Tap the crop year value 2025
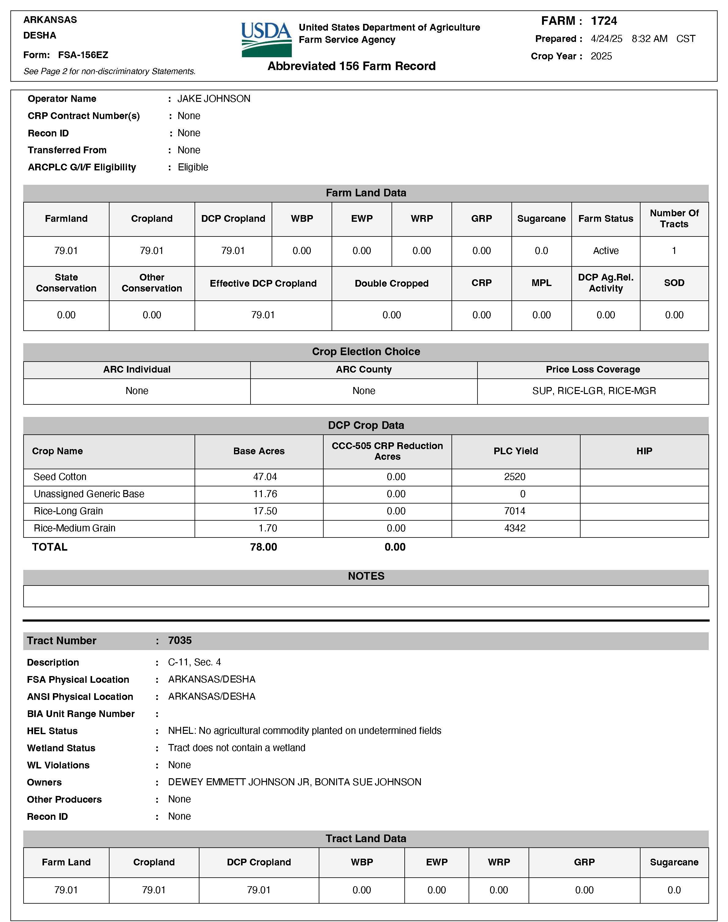(x=601, y=56)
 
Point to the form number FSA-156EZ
(x=83, y=55)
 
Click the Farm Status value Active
(x=605, y=251)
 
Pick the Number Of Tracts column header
(x=674, y=219)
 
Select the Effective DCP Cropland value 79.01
(x=263, y=315)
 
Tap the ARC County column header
(x=364, y=370)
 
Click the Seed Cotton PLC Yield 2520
(x=514, y=477)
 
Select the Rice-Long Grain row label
(x=68, y=511)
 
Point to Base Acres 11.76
(x=265, y=494)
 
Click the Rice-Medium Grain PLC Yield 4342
(x=514, y=528)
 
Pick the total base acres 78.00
(x=263, y=547)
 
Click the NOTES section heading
(x=366, y=576)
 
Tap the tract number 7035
(x=180, y=641)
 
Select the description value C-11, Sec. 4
(x=194, y=662)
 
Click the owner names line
(x=295, y=782)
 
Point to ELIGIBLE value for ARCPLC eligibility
(x=193, y=168)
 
